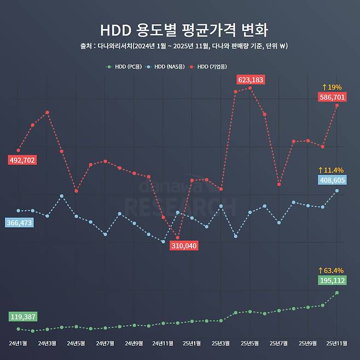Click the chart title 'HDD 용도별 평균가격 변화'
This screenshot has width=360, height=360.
(180, 29)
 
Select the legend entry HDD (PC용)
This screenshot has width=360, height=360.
(125, 66)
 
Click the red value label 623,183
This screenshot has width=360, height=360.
(251, 80)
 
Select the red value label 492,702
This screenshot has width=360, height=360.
(22, 160)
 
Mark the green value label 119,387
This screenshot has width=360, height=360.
(22, 317)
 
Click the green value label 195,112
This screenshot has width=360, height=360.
(332, 281)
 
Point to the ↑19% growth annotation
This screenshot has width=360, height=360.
(332, 87)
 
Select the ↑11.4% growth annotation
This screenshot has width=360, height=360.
(332, 170)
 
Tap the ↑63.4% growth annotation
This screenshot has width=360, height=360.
(332, 270)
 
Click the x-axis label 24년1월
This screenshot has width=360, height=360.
(18, 344)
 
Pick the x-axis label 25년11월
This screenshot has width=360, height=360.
(336, 344)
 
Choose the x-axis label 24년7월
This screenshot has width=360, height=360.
(105, 344)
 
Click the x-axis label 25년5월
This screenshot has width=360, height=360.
(249, 344)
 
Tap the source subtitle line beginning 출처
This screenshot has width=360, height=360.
(180, 46)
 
